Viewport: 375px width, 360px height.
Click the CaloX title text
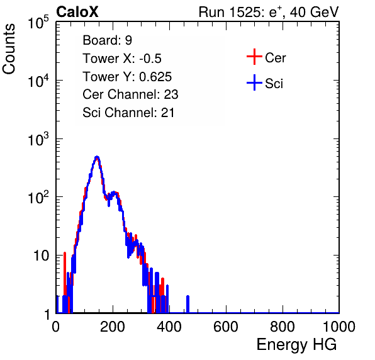pos(77,12)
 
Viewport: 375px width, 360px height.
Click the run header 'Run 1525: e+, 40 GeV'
pos(269,12)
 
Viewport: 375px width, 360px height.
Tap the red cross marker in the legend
pos(254,57)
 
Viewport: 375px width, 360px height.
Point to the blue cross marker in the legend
pos(254,82)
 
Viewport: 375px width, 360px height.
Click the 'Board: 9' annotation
pos(107,40)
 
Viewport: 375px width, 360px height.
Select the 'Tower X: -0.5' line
pos(122,59)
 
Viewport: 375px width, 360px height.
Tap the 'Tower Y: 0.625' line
pos(127,77)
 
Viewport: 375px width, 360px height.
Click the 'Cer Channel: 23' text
pos(130,94)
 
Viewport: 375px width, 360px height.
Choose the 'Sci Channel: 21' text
pos(128,113)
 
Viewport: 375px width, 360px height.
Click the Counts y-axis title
pos(9,49)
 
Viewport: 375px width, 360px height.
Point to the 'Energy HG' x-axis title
pos(296,344)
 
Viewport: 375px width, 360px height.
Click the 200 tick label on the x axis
pos(112,327)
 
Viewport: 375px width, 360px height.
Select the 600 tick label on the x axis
pos(225,327)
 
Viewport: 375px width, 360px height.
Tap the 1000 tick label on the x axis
pos(339,327)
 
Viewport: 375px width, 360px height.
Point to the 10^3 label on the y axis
pos(38,139)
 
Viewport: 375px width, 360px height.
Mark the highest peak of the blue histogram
pos(97,157)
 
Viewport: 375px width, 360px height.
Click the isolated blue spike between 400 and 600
pos(187,304)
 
